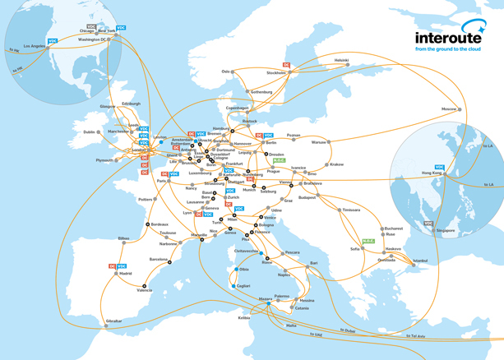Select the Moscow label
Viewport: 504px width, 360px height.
[x=449, y=109]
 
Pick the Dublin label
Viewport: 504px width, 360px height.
[x=90, y=132]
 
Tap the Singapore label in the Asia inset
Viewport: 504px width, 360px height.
[x=446, y=231]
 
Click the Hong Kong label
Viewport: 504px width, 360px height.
[x=432, y=173]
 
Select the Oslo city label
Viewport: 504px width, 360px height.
[x=225, y=72]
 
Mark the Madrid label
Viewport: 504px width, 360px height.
[x=125, y=274]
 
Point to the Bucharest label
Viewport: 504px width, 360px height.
[x=393, y=228]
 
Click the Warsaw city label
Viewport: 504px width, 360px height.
[x=319, y=142]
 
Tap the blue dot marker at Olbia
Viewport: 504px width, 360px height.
[x=237, y=269]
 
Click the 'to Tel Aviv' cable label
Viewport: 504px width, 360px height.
[x=415, y=336]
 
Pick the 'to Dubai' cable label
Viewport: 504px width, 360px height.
[x=349, y=330]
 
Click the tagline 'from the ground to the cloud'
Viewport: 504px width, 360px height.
[x=447, y=49]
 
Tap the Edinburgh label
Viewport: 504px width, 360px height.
[x=131, y=104]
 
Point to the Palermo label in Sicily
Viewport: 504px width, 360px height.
[x=282, y=296]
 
